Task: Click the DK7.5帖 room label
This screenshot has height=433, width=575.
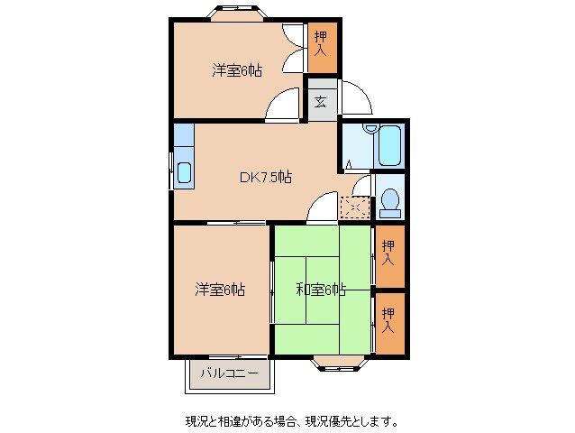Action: coord(265,177)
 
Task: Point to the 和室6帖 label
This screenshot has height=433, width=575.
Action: coord(321,290)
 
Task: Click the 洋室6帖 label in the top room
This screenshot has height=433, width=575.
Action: coord(237,69)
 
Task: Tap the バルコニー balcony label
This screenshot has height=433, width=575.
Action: coord(229,373)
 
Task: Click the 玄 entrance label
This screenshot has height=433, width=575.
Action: coord(321,101)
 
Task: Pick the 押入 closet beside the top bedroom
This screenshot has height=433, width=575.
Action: coord(321,48)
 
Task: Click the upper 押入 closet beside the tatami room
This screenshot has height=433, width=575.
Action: coord(388,252)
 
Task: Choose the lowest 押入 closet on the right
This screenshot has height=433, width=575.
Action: coord(388,321)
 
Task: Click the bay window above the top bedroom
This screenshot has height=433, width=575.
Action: coord(237,13)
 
